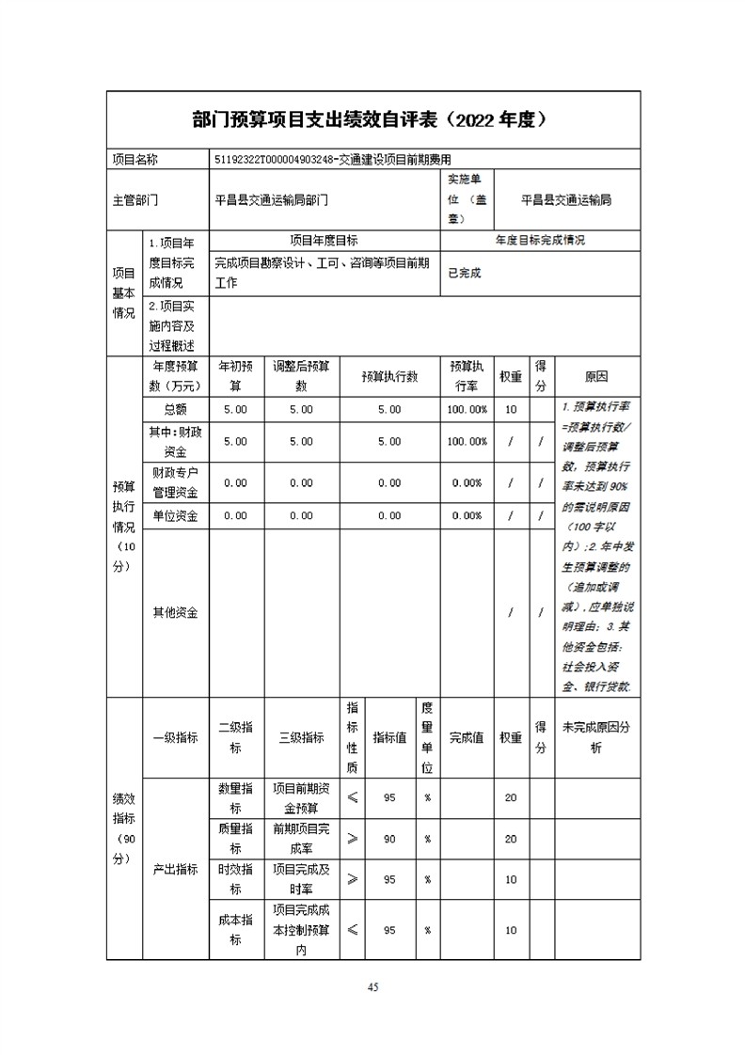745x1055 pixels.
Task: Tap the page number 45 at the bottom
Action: (x=372, y=986)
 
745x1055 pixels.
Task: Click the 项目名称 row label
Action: (x=135, y=160)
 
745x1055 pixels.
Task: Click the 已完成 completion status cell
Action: (x=464, y=273)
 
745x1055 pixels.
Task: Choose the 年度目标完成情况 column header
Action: (x=540, y=241)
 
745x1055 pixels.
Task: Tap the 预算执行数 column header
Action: (x=389, y=376)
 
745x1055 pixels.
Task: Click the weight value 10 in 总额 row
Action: (x=511, y=410)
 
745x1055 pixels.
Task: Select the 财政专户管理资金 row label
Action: (x=175, y=482)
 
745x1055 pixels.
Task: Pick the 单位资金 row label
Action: (x=175, y=515)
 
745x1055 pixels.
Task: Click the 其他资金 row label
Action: (x=175, y=612)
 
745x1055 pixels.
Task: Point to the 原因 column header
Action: (x=596, y=376)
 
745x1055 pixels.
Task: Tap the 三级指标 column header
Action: (x=301, y=737)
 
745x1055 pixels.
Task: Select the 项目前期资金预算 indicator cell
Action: (x=301, y=797)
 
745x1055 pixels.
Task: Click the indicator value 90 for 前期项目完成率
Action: (x=389, y=839)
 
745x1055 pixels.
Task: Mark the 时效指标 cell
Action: (x=235, y=879)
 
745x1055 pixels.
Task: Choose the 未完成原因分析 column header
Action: (x=596, y=737)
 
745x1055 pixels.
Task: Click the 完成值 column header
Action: (x=467, y=737)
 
